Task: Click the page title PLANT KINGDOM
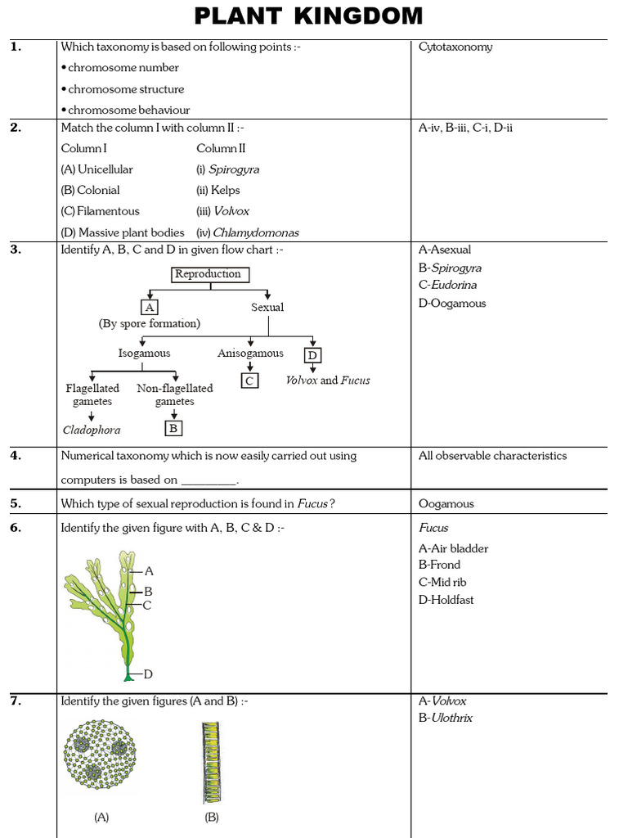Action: (309, 16)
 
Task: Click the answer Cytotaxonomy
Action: (455, 47)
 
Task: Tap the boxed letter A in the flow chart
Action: (149, 307)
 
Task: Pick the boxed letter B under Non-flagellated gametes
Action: (173, 427)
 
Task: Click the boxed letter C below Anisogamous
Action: (249, 380)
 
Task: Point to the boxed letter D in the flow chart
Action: (312, 355)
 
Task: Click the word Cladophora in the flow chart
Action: (92, 430)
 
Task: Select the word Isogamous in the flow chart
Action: (144, 354)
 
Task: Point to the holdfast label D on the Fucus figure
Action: (148, 674)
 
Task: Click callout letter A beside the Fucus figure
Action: (149, 571)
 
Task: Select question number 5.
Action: (16, 503)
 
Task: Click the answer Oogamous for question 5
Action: (446, 504)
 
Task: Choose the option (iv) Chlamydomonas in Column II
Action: (248, 232)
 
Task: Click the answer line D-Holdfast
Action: (446, 600)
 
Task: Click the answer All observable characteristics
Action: (492, 456)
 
